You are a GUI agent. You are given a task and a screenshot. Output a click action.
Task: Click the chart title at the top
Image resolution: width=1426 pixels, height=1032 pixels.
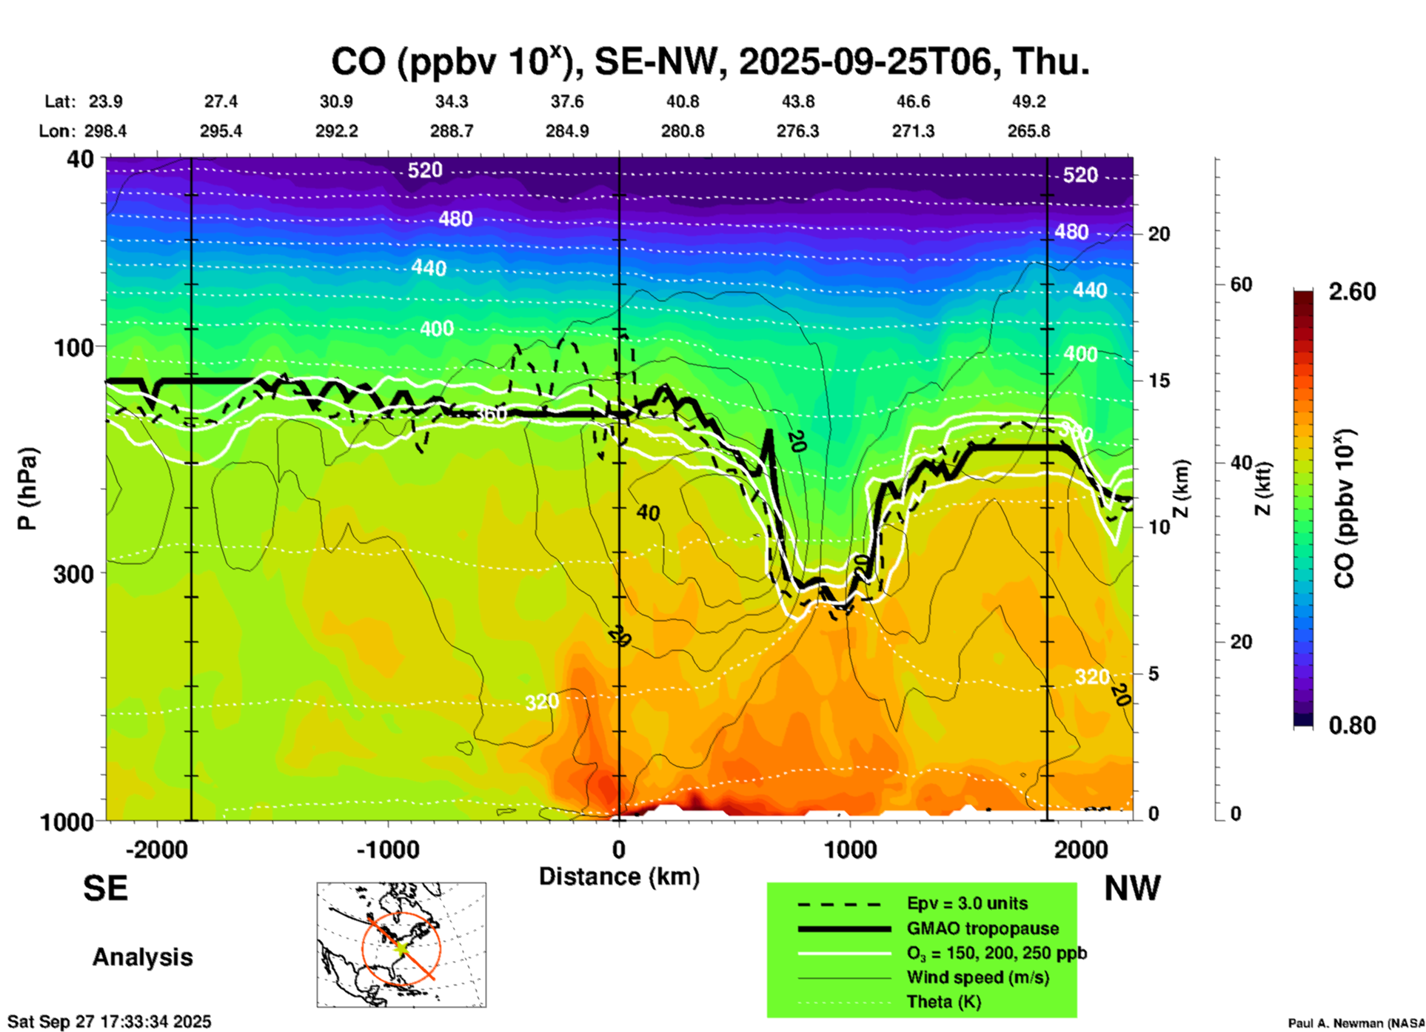point(709,62)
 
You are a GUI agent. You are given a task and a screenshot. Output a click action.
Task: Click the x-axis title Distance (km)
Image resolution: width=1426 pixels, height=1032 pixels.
point(619,877)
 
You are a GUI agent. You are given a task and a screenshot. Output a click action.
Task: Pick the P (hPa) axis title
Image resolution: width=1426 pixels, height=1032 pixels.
point(27,489)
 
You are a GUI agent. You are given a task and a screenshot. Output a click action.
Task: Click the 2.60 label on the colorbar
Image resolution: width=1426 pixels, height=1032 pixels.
point(1352,292)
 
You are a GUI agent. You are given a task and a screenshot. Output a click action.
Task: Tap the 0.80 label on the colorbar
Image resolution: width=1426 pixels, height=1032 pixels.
point(1352,726)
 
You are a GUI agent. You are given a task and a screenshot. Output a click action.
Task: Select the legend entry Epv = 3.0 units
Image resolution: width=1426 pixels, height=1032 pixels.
point(967,904)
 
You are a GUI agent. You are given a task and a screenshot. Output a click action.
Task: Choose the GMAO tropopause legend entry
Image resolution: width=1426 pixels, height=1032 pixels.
point(983,928)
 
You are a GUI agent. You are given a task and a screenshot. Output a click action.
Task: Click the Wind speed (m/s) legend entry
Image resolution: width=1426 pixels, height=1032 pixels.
point(977,978)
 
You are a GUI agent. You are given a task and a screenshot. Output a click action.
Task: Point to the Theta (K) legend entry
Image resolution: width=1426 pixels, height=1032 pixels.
point(943,1002)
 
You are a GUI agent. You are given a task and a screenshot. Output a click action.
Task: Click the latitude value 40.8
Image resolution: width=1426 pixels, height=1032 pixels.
point(682,101)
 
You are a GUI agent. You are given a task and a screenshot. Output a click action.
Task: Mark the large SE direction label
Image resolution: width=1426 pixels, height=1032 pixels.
point(105,888)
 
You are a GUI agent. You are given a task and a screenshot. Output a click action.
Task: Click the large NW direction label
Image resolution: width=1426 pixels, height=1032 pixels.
point(1132,888)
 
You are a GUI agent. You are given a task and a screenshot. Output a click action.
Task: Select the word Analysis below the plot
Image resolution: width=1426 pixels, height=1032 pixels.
point(142,957)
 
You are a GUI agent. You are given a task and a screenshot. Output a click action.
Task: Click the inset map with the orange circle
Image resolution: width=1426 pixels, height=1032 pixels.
point(401,945)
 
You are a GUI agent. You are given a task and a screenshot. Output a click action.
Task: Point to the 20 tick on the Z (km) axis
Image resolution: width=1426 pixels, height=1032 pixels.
point(1159,234)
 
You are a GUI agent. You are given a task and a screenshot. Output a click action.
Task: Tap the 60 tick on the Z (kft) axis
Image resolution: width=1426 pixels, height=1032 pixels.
point(1242,284)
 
